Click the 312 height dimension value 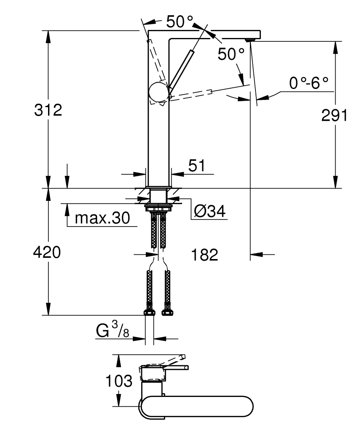[48, 111]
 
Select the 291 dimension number [334, 115]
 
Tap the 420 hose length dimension [47, 253]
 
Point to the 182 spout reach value [204, 254]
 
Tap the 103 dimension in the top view [118, 382]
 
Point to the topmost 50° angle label [179, 22]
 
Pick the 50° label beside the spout [231, 54]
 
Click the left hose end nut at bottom [149, 313]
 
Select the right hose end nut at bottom [167, 313]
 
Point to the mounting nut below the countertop [159, 207]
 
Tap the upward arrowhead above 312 [48, 36]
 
